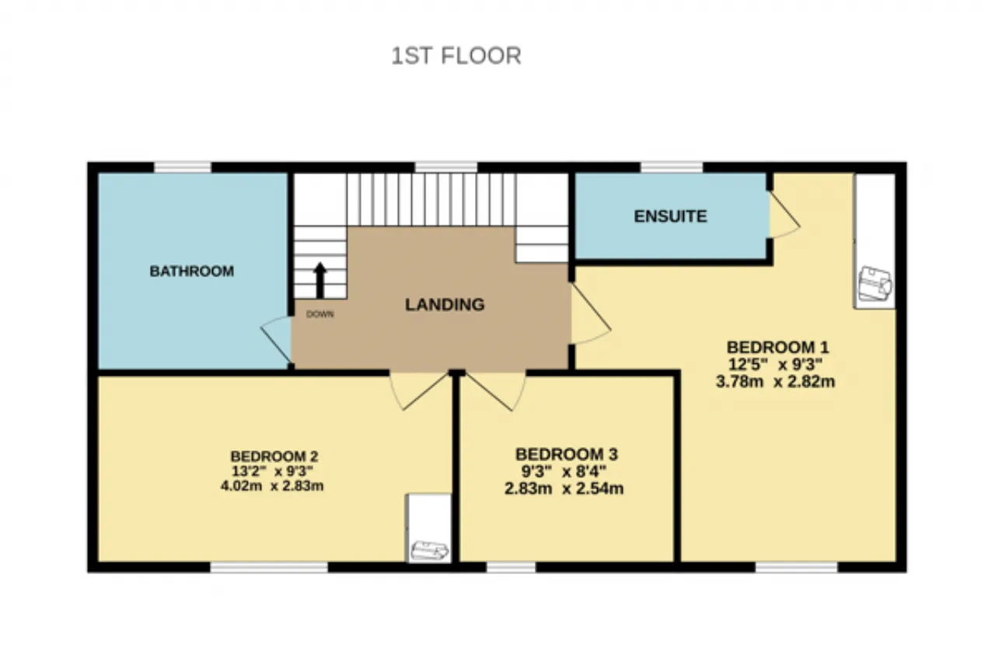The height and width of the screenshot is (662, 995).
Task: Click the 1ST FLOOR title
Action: (x=456, y=56)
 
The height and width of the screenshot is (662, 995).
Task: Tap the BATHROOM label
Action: (x=192, y=271)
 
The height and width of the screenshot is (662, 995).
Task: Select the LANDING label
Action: (x=445, y=304)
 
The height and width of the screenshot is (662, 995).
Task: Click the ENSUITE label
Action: (x=670, y=216)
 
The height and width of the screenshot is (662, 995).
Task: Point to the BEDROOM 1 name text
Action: (x=778, y=347)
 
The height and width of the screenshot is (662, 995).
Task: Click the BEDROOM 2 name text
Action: (x=274, y=456)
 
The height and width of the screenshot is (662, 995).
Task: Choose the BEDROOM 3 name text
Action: (x=567, y=454)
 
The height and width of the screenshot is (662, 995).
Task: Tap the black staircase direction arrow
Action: (x=319, y=280)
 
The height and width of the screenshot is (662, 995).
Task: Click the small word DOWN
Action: (x=319, y=314)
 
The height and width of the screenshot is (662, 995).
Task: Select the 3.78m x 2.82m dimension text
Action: (x=776, y=381)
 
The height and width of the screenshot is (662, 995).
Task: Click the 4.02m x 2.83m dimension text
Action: (x=272, y=485)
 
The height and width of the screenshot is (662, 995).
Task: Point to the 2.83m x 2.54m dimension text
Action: (x=564, y=489)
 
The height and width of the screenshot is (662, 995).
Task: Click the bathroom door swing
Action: (x=276, y=339)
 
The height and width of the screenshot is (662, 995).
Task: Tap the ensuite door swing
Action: (x=785, y=214)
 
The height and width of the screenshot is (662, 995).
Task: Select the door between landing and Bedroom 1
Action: (x=592, y=313)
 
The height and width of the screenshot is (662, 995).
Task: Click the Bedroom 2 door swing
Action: (x=419, y=391)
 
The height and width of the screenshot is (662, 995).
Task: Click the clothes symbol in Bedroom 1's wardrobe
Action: (x=875, y=284)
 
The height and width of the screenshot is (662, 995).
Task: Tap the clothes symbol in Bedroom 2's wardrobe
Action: (x=429, y=551)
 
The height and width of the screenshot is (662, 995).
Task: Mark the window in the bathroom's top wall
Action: (x=182, y=167)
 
